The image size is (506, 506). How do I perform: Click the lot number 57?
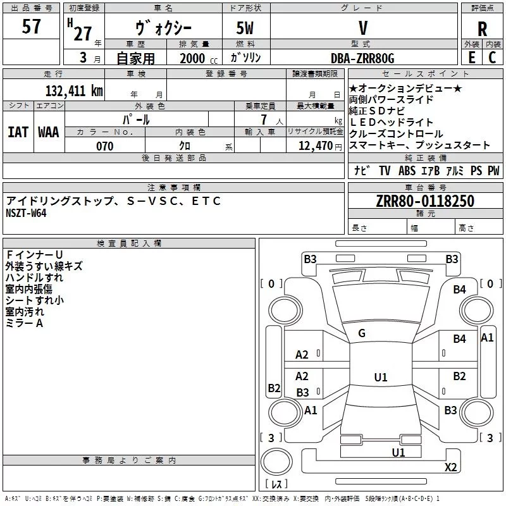coord(31,27)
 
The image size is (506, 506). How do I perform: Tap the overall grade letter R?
coord(482,30)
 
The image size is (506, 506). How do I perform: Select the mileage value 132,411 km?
coord(74,91)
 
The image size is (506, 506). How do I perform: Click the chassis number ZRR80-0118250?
coord(425,201)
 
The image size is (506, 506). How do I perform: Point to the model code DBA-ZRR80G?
coord(362,58)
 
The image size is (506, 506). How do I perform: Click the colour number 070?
coord(104,146)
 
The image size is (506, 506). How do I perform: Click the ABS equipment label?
coord(407,170)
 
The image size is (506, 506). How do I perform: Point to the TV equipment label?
coord(385,170)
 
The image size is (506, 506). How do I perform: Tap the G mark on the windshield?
coord(362,333)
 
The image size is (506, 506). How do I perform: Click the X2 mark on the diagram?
coord(450,467)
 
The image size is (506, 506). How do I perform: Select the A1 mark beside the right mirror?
coord(487,338)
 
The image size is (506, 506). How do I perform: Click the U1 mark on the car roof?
coord(380,378)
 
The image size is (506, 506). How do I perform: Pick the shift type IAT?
coord(18,132)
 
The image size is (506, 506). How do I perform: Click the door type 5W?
coord(246,28)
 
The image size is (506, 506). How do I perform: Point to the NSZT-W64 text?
coord(26,213)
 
